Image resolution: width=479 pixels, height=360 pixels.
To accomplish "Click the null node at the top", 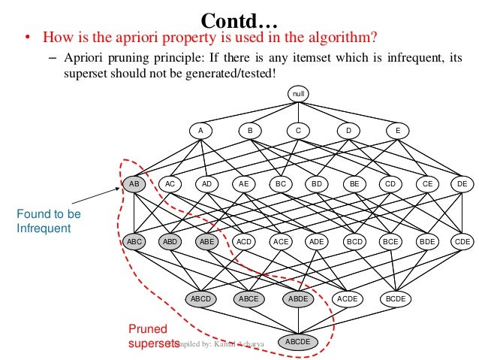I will [297, 94].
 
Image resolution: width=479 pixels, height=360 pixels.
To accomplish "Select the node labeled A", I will [200, 130].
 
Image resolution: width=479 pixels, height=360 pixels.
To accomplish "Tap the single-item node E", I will [397, 130].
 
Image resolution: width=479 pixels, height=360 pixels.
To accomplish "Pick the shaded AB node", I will [134, 183].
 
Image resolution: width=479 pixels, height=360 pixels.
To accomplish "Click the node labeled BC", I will [282, 183].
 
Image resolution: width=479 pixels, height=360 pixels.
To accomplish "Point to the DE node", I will [462, 183].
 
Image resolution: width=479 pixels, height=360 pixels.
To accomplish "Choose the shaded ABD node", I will [170, 241].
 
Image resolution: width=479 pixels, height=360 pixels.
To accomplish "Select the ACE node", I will [281, 241].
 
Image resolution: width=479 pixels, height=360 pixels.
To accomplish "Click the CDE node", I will [462, 241].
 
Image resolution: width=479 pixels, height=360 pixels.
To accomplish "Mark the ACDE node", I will [347, 298].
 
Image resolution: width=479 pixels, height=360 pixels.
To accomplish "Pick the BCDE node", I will [395, 298].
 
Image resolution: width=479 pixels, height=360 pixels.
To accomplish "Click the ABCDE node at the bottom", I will [297, 342].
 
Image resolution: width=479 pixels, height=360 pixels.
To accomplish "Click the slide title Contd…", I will [239, 18].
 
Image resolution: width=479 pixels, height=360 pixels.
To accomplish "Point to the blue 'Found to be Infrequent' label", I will [48, 221].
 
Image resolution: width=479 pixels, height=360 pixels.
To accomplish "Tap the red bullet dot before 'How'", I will [27, 38].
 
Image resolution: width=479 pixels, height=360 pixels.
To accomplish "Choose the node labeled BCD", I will [354, 241].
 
